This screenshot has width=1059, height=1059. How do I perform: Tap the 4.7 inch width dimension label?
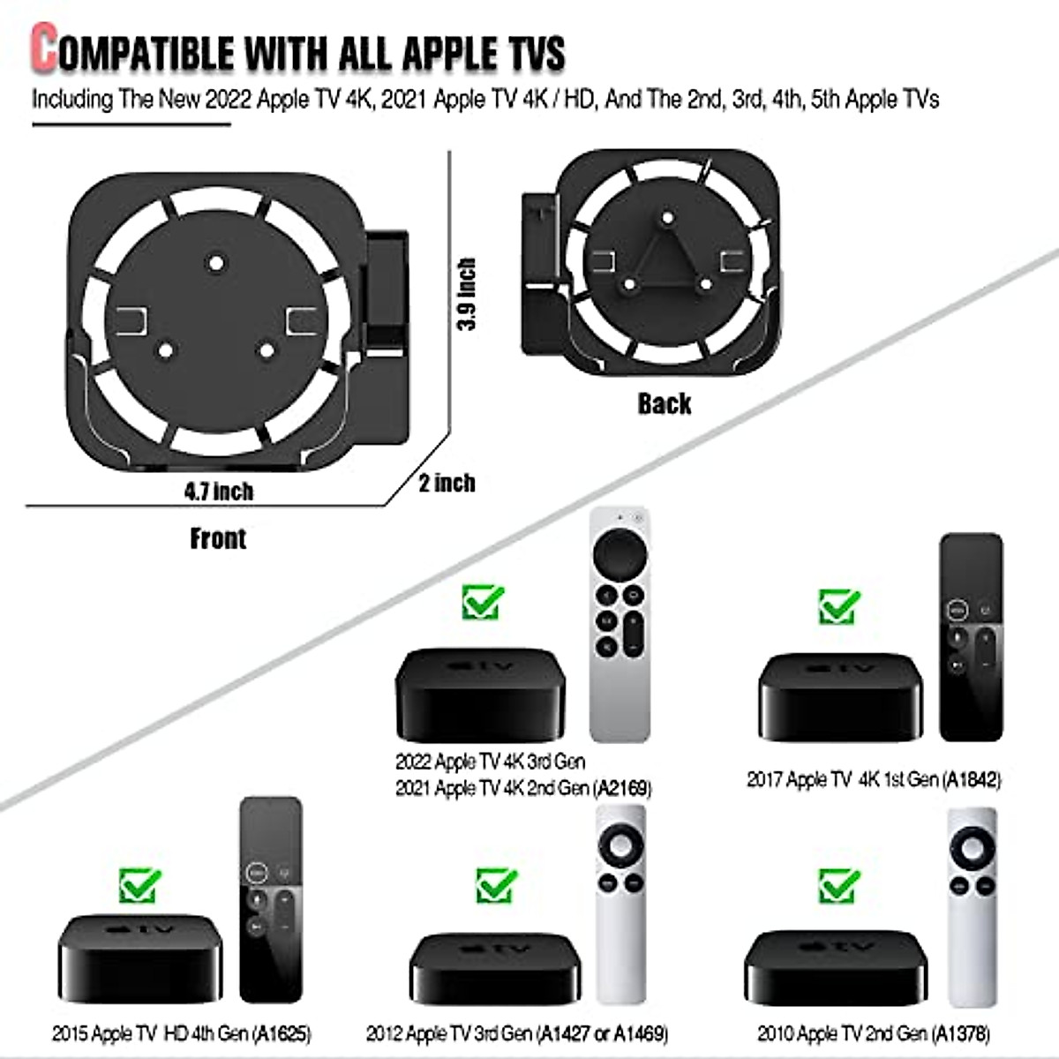218,492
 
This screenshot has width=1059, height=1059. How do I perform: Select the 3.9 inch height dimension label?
467,294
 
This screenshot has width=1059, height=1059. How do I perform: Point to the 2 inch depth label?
447,483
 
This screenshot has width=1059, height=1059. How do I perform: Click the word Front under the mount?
218,538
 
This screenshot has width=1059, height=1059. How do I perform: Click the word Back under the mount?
665,403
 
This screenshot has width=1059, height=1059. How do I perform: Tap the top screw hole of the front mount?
214,263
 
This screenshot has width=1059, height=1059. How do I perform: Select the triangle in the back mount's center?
667,256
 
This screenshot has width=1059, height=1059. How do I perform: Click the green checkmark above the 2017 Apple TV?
838,607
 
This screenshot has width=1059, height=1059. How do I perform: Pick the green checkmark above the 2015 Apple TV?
140,885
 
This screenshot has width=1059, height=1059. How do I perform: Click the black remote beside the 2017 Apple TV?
971,637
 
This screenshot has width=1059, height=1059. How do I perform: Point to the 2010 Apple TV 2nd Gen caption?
873,1033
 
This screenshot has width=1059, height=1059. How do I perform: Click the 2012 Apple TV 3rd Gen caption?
516,1033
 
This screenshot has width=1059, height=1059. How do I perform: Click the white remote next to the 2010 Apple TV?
972,905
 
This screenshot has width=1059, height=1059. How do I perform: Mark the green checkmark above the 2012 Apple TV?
496,885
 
